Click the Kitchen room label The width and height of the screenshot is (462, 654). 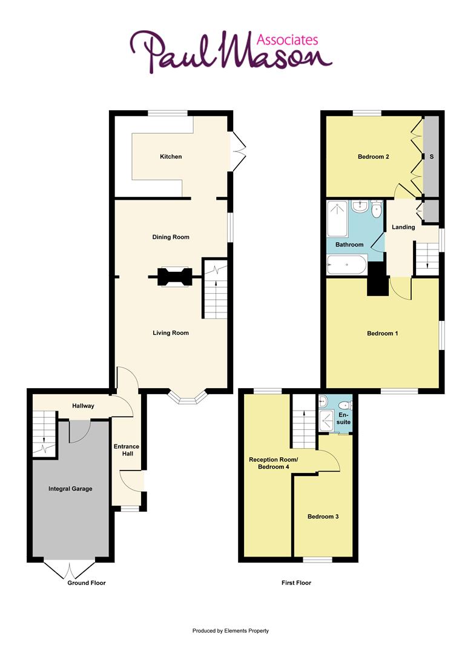(171, 157)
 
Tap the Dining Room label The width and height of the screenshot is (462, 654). (171, 237)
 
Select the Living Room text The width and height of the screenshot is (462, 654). (171, 333)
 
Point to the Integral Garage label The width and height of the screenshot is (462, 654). (71, 489)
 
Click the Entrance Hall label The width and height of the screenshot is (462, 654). (127, 451)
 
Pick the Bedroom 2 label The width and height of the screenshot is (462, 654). (373, 157)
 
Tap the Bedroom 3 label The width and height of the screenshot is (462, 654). (323, 517)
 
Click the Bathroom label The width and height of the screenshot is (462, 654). (349, 245)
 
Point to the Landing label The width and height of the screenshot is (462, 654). (403, 228)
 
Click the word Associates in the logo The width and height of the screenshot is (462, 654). (288, 40)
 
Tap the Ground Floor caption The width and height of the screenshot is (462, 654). (87, 583)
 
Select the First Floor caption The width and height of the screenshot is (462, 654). (297, 583)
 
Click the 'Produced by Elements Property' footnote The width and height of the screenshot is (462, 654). (230, 630)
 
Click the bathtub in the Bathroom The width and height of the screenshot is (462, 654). (346, 265)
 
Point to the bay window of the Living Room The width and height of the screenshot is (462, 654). (188, 397)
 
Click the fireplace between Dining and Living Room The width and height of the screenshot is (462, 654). (175, 277)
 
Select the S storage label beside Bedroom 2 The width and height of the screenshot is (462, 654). (432, 157)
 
